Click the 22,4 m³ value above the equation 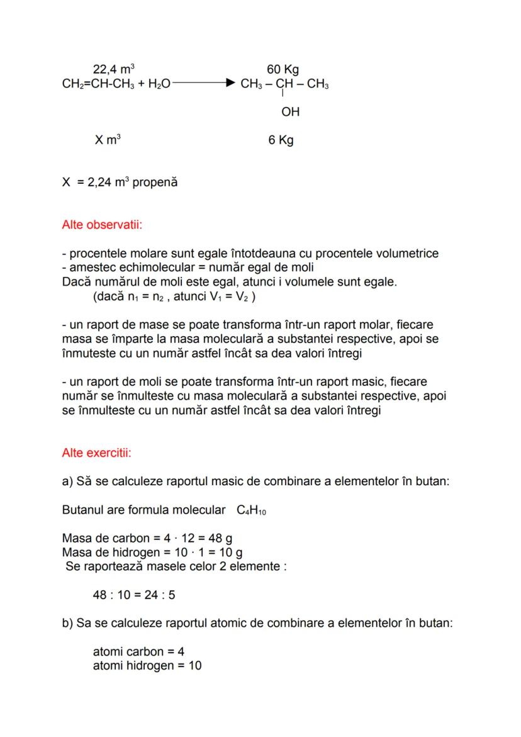114,69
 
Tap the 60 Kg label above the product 283,69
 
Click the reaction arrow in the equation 204,84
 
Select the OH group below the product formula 290,112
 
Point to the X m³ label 108,140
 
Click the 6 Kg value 281,140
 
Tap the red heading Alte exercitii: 96,453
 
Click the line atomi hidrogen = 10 147,665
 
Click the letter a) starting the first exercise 68,482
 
